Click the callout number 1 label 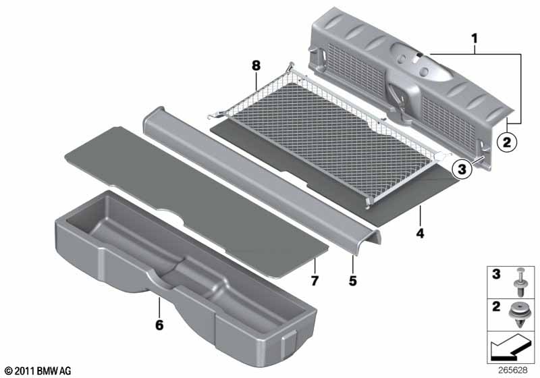(x=475, y=38)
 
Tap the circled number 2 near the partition (x=507, y=142)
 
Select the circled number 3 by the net (x=462, y=169)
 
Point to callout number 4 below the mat (x=420, y=234)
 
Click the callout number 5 (x=352, y=281)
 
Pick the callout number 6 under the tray (x=159, y=325)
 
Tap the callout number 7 (x=315, y=281)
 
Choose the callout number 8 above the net (x=256, y=65)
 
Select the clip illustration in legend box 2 (x=520, y=315)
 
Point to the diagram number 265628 (x=513, y=370)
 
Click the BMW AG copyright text (x=38, y=371)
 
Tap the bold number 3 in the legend (x=496, y=274)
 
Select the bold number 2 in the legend (x=496, y=306)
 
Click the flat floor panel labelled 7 (x=196, y=201)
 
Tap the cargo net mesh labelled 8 (x=331, y=138)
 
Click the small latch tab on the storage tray (x=290, y=343)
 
